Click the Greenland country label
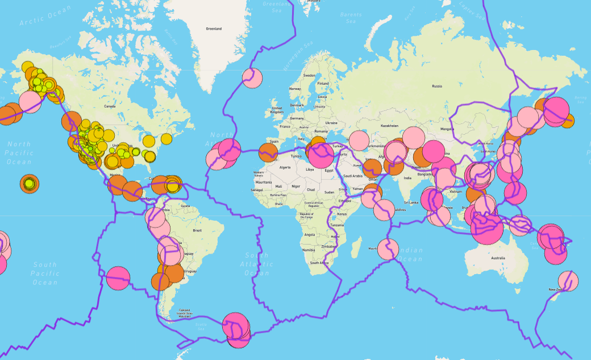click(214, 28)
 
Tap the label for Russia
click(436, 86)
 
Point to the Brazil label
click(197, 230)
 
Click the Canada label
click(110, 106)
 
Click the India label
click(407, 178)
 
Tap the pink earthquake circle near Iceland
click(252, 78)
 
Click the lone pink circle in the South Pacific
click(118, 278)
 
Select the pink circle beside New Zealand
click(568, 281)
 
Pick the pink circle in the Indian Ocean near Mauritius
click(388, 249)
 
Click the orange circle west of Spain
click(268, 152)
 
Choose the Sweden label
click(309, 76)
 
